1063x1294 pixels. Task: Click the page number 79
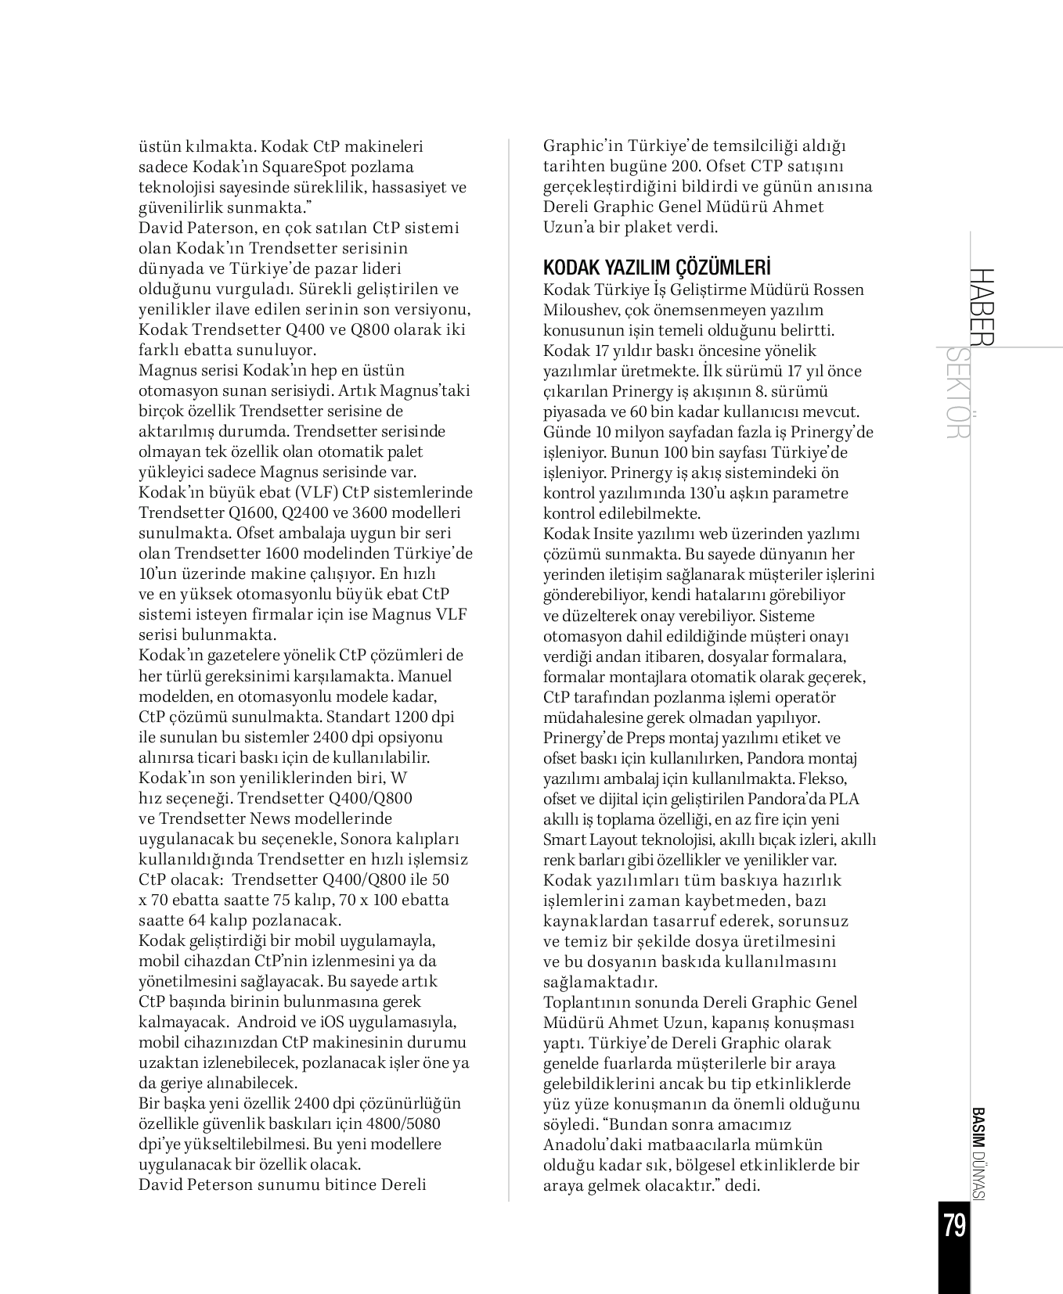pos(954,1224)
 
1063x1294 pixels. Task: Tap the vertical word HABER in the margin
pos(981,307)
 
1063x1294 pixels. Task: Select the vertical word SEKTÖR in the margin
pos(957,394)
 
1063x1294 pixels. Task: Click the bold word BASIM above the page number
pos(977,1129)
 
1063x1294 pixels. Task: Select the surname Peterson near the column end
pos(216,1184)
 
